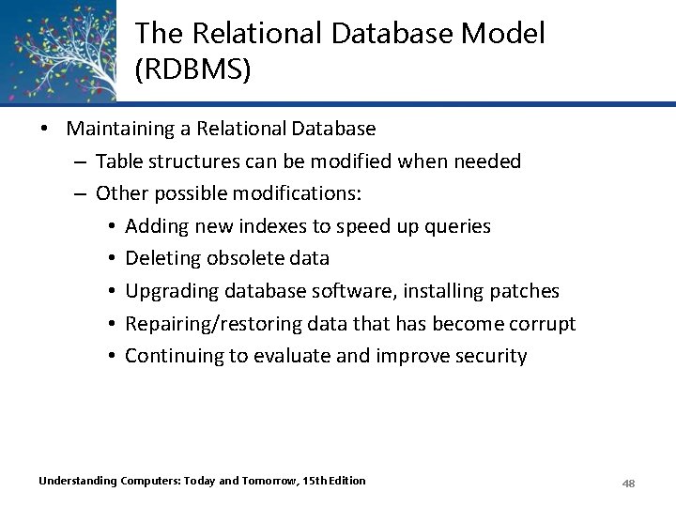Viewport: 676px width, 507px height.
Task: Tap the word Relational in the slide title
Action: pyautogui.click(x=244, y=34)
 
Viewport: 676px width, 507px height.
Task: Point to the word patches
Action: pyautogui.click(x=524, y=291)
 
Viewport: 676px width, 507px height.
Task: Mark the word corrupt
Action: pyautogui.click(x=542, y=323)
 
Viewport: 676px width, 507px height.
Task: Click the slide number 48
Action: pyautogui.click(x=629, y=483)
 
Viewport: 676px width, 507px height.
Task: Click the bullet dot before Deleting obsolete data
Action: pyautogui.click(x=111, y=258)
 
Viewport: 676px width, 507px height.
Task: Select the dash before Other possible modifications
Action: pyautogui.click(x=81, y=193)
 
